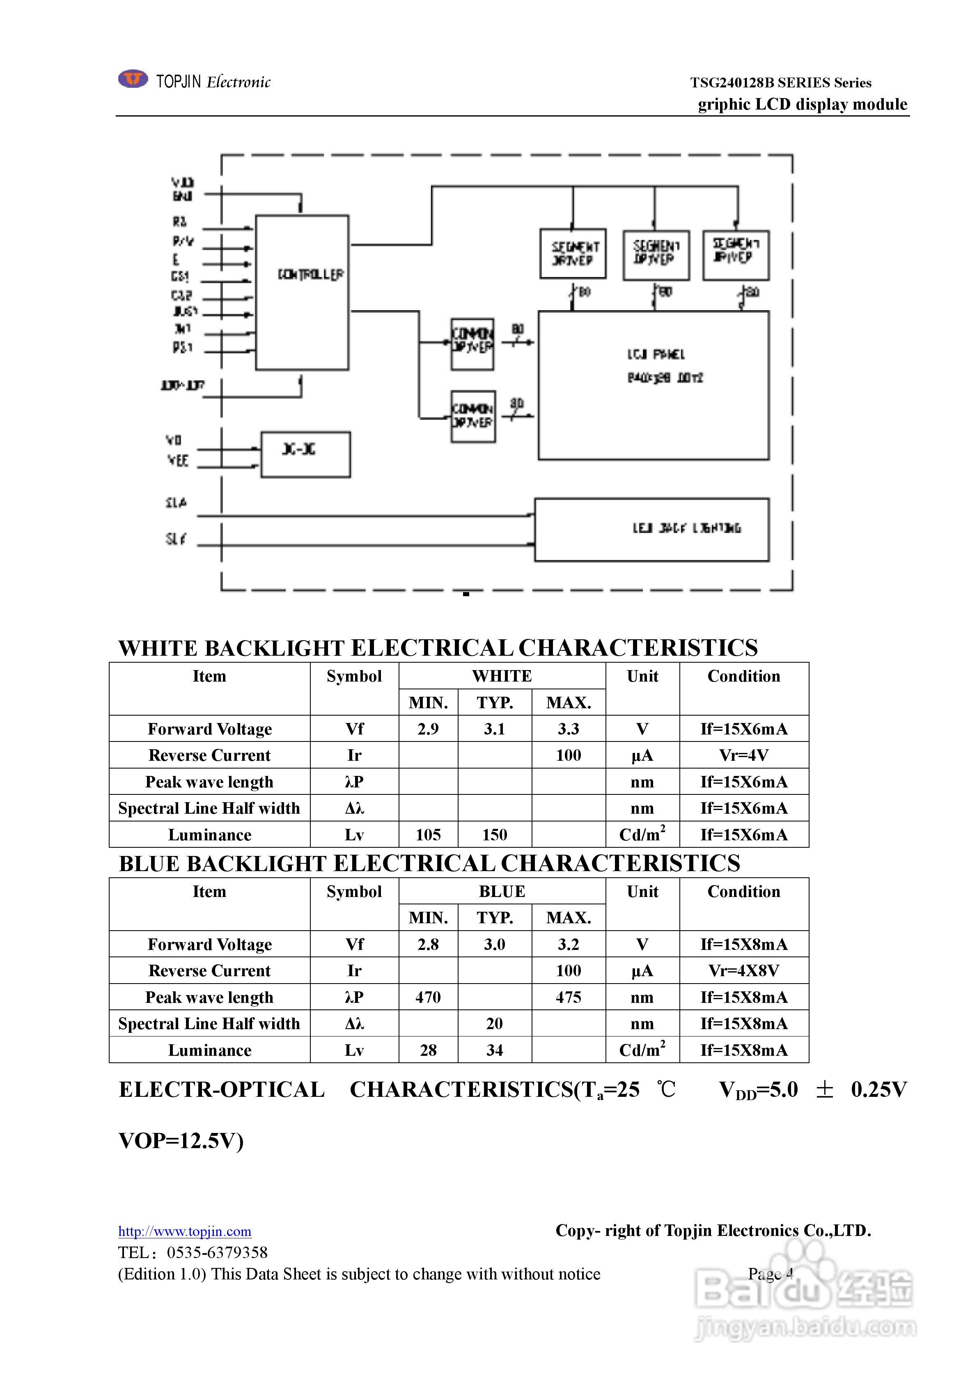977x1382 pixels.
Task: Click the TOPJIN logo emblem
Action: [133, 79]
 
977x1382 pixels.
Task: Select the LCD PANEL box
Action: [654, 385]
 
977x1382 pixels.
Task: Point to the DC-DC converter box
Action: [305, 455]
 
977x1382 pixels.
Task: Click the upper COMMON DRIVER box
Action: [473, 344]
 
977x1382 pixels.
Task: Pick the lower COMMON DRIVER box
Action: [473, 416]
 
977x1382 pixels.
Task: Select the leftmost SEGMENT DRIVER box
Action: [573, 254]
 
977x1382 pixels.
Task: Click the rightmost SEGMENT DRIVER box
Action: [736, 254]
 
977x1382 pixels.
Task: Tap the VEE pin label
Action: [178, 460]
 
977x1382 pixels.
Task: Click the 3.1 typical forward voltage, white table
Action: [495, 729]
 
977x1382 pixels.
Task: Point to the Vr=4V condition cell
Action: [744, 755]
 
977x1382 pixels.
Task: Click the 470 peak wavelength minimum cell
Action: [428, 998]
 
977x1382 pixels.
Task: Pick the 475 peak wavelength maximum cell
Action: [569, 998]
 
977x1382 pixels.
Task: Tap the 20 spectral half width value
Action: [495, 1023]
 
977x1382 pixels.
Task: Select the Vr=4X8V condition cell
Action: [744, 971]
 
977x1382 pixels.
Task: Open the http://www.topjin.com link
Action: [185, 1231]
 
